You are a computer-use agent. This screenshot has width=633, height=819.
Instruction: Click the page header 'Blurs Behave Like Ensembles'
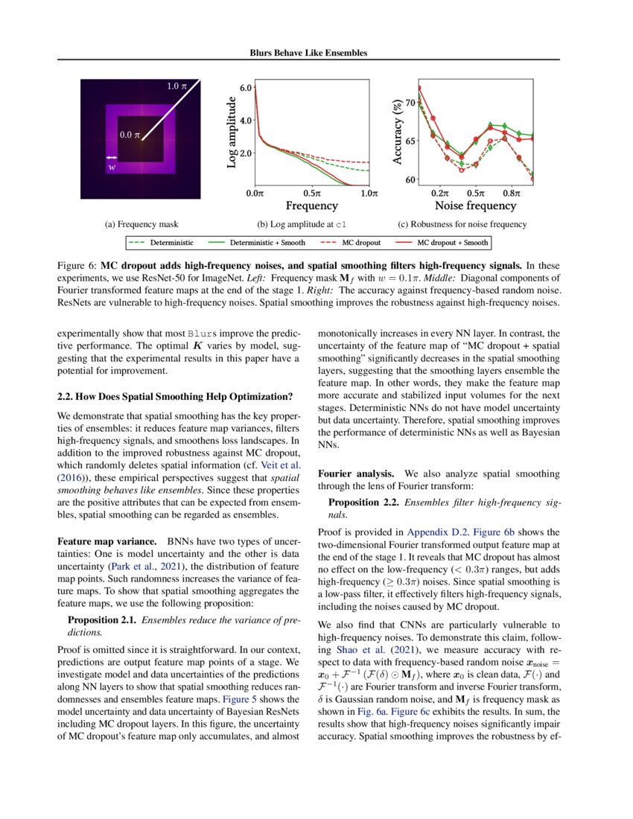point(308,53)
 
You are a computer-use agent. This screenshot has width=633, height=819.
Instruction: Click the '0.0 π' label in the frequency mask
point(131,135)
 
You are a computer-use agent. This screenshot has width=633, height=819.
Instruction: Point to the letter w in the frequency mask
point(112,168)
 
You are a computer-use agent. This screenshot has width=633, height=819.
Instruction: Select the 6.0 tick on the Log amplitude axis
point(245,88)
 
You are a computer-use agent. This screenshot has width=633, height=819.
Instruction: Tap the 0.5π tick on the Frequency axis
point(311,194)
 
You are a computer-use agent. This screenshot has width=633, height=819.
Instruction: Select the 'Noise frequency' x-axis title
point(474,206)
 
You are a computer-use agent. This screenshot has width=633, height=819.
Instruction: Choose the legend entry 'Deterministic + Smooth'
point(267,242)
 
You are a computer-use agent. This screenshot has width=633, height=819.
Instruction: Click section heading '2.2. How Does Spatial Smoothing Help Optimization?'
point(175,395)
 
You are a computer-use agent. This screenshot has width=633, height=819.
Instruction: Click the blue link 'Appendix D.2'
point(430,532)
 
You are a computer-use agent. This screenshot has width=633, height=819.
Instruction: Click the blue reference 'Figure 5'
point(243,700)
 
